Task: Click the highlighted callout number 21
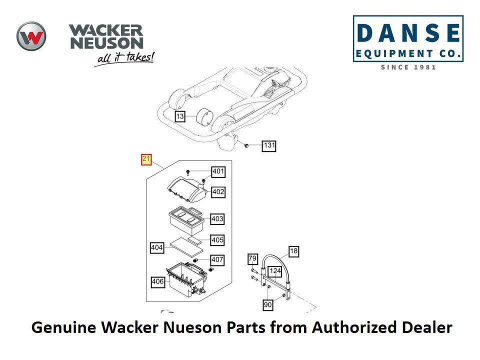tap(146, 159)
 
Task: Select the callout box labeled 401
tap(218, 172)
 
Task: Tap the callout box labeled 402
tap(218, 191)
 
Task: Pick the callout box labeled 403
tap(217, 219)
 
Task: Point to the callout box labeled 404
tap(157, 247)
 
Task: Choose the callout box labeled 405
tap(217, 240)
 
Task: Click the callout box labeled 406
tap(158, 282)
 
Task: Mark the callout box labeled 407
tap(217, 260)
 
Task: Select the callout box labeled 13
tap(180, 116)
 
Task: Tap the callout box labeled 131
tap(269, 145)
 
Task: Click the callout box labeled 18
tap(293, 251)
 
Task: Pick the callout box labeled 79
tap(253, 258)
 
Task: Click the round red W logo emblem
tap(31, 36)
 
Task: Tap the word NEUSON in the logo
tap(106, 43)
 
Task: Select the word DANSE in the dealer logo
tap(408, 33)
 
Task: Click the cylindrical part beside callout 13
tap(202, 119)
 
